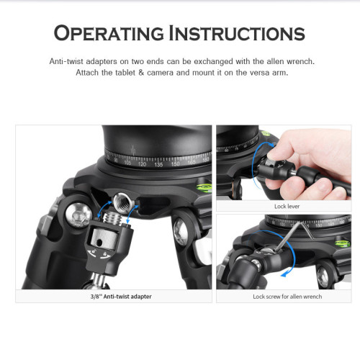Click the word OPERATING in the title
(109, 33)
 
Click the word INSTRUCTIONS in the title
(237, 33)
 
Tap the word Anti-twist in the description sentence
(66, 61)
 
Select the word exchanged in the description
(213, 62)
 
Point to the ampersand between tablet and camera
(141, 73)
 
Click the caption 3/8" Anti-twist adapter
(121, 297)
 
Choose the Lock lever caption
(287, 207)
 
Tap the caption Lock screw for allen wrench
(287, 297)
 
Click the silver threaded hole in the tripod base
(122, 199)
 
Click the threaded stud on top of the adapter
(113, 218)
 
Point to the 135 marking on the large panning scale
(158, 165)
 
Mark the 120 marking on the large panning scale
(142, 164)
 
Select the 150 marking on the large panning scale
(175, 164)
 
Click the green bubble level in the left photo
(204, 187)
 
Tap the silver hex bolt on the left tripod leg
(78, 215)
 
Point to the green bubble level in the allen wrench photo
(343, 243)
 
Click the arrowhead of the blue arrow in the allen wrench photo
(284, 274)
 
